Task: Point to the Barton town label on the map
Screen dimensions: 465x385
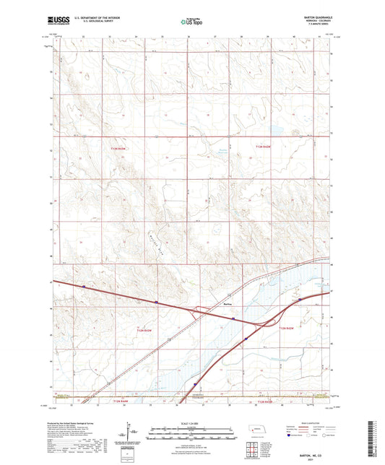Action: click(228, 305)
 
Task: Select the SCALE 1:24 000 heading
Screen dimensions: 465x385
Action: click(191, 423)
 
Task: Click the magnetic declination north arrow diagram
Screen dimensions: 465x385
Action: click(131, 435)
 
